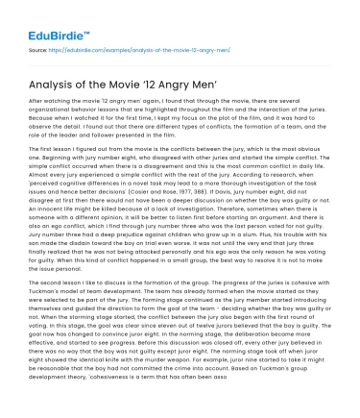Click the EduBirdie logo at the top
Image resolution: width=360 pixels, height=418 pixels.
coord(48,20)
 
